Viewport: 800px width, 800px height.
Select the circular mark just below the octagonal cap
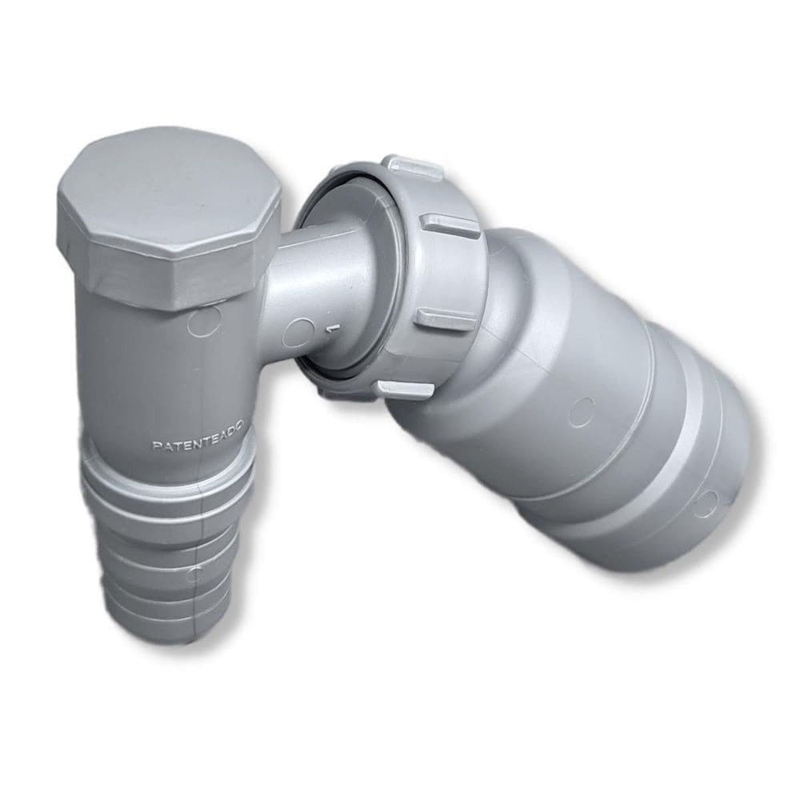205,323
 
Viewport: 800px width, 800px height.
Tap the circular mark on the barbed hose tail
194,573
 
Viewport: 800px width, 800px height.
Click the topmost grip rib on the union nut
412,166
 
